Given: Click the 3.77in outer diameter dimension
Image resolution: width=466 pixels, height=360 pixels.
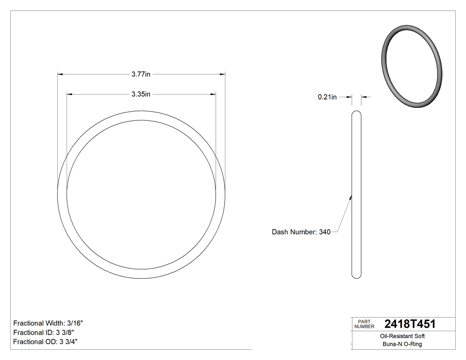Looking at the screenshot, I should click(141, 75).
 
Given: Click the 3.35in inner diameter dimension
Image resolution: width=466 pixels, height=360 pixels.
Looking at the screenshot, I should click(141, 94).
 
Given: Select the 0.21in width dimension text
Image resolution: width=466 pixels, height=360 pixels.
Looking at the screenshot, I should click(327, 97).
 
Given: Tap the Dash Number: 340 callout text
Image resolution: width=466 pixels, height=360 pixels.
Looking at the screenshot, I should click(301, 232).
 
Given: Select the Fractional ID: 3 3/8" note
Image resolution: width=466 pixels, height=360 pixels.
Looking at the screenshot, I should click(43, 332).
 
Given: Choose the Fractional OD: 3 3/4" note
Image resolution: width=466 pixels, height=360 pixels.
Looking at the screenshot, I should click(46, 342).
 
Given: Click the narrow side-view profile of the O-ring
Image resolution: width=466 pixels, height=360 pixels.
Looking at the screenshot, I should click(356, 195).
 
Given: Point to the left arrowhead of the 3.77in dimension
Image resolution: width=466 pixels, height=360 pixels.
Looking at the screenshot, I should click(60, 74).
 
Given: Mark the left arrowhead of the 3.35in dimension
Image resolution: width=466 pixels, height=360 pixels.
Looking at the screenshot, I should click(69, 94).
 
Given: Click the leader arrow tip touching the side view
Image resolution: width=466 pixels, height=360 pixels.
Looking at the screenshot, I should click(351, 197).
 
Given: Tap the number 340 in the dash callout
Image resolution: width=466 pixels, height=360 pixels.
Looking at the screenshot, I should click(325, 232).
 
